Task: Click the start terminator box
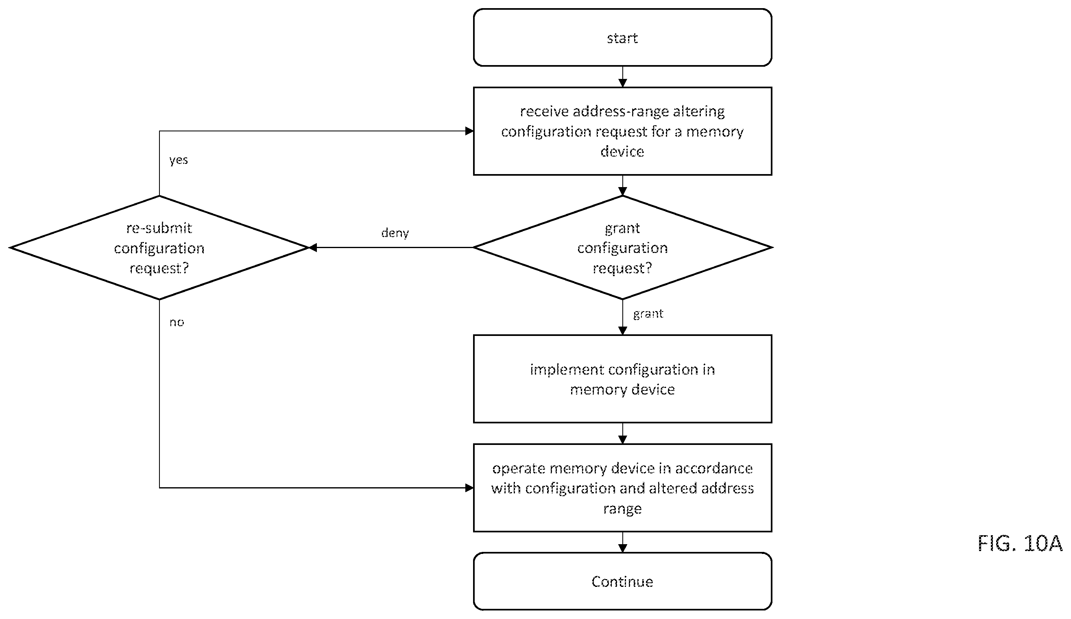[x=622, y=37]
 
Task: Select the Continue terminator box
[x=622, y=581]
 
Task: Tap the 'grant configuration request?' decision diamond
[x=622, y=247]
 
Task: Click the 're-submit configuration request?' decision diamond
[x=159, y=247]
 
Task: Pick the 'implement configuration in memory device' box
[x=622, y=379]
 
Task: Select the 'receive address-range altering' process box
[x=622, y=131]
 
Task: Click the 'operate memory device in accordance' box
[x=622, y=488]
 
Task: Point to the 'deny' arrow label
[x=395, y=233]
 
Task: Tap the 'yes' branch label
[x=179, y=160]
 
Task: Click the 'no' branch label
[x=177, y=323]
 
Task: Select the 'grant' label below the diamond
[x=648, y=314]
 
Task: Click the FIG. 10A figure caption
[x=1020, y=543]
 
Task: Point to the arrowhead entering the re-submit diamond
[x=313, y=247]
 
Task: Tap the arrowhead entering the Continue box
[x=623, y=549]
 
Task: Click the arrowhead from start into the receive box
[x=623, y=83]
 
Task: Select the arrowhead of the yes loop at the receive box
[x=470, y=131]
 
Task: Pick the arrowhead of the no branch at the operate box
[x=470, y=488]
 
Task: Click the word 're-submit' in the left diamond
[x=159, y=228]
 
